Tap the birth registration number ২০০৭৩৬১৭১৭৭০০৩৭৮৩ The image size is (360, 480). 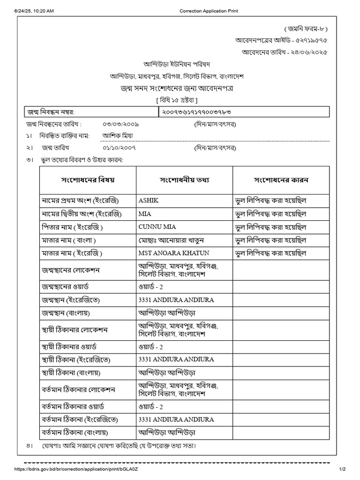point(197,112)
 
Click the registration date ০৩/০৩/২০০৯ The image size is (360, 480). point(121,124)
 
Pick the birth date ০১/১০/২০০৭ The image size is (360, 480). point(121,148)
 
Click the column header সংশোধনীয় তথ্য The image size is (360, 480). point(184,180)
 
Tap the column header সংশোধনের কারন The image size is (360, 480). point(281,180)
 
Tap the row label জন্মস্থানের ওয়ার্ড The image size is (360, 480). point(72,286)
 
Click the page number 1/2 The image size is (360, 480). point(342,469)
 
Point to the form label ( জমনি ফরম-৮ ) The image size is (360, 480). point(305,29)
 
